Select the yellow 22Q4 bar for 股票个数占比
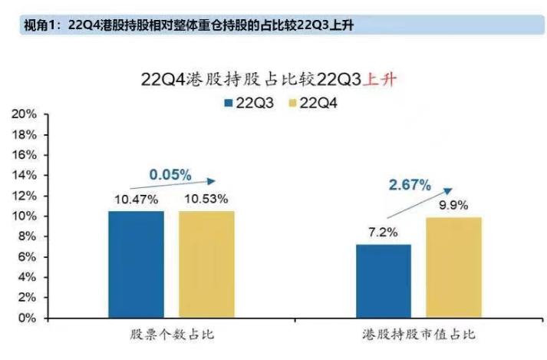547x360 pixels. point(207,264)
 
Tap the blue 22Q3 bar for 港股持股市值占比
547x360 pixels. point(384,281)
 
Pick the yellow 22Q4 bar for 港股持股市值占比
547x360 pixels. point(454,267)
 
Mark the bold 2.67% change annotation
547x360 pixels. point(410,185)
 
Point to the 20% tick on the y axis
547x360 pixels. point(25,114)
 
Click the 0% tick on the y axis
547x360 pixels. point(28,317)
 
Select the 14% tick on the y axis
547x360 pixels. point(25,175)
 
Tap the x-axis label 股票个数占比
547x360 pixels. point(170,335)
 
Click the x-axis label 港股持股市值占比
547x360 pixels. point(419,335)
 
